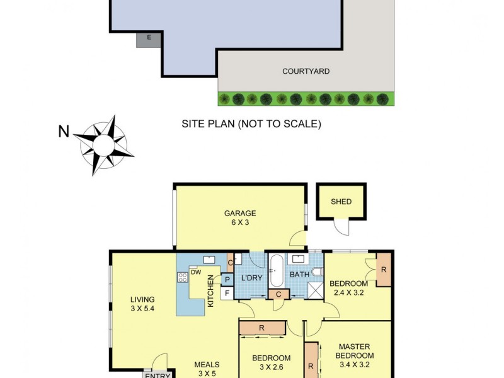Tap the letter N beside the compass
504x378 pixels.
64,132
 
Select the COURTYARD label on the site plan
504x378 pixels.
306,71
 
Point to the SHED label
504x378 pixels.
341,202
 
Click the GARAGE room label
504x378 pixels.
240,213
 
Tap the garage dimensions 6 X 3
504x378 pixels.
240,222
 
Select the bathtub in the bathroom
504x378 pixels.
277,270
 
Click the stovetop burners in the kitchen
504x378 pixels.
183,277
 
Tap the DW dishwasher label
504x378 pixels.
195,273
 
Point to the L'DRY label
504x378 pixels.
251,278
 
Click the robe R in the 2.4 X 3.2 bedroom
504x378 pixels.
384,269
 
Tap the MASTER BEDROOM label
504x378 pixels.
354,351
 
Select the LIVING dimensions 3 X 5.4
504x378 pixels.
142,309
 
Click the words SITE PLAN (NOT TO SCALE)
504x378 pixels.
251,124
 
